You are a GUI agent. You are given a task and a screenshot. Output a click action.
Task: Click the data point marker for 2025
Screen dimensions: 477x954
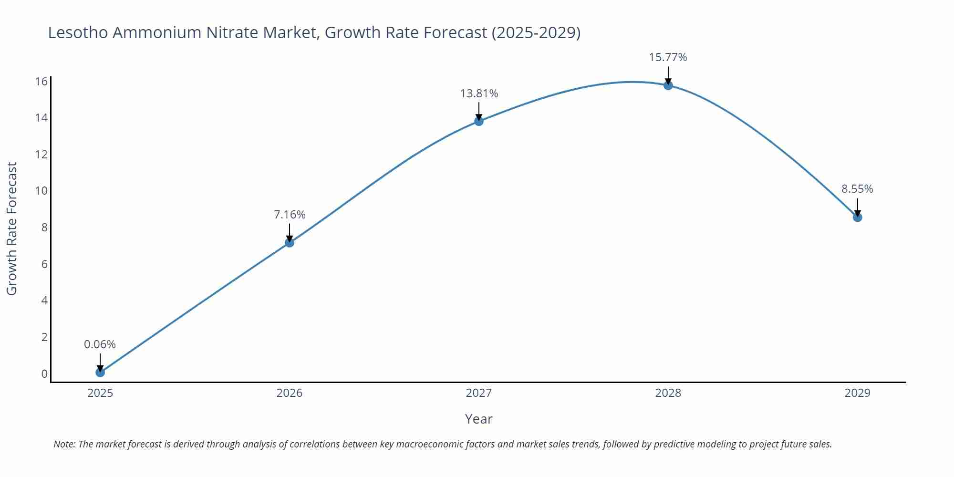tap(100, 372)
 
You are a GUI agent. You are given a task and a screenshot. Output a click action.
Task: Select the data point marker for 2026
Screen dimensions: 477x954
tap(290, 242)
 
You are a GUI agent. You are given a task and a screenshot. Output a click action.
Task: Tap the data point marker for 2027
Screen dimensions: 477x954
tap(479, 121)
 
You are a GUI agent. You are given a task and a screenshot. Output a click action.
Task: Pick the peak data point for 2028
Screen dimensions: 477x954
tap(668, 85)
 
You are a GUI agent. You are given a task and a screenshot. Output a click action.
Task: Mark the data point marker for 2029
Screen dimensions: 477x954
tap(858, 218)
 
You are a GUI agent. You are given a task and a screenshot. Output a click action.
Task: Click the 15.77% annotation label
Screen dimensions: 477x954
tap(668, 57)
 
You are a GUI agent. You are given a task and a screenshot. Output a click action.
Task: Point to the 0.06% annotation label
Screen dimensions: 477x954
tap(100, 344)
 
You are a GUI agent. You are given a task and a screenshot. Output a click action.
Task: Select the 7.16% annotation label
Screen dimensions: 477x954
tap(290, 215)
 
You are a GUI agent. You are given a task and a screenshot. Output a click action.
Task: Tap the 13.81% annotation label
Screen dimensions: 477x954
tap(479, 93)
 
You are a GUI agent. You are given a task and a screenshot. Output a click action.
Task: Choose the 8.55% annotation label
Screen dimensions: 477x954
tap(857, 189)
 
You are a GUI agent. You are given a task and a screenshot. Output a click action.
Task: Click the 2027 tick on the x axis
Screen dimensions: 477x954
tap(479, 393)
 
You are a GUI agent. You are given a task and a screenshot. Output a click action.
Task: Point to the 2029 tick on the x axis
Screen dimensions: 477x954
tap(857, 393)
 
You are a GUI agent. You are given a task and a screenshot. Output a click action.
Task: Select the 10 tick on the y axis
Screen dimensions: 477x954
tap(41, 191)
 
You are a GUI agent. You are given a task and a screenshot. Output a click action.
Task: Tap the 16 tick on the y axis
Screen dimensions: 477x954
tap(41, 81)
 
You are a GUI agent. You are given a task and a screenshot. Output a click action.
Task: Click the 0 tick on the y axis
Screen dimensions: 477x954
tap(44, 374)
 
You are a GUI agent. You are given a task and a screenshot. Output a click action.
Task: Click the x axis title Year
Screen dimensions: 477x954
tap(478, 419)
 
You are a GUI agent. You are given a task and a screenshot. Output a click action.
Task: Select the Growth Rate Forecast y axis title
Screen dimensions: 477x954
tap(12, 228)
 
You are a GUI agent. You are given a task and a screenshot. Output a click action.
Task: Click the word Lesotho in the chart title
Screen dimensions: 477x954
tap(77, 32)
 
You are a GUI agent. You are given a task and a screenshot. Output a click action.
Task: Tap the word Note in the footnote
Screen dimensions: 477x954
tap(64, 444)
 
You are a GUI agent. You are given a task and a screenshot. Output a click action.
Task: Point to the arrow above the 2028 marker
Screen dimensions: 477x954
tap(668, 75)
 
